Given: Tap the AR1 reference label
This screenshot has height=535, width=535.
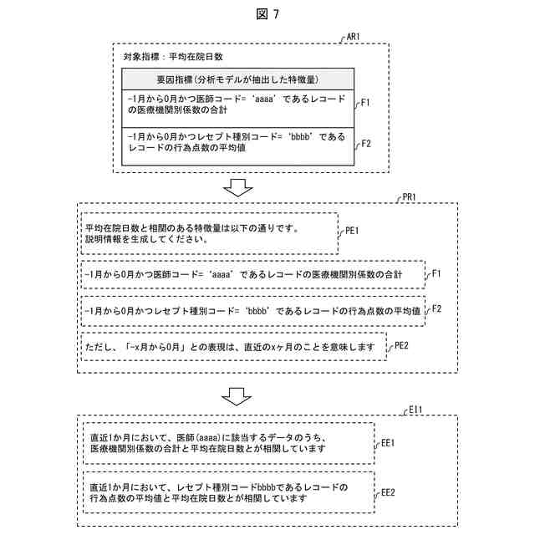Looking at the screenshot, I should point(352,38).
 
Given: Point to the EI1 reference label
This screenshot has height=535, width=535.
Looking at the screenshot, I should point(415,410).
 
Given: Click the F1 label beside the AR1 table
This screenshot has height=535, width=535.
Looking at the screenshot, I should point(365,103).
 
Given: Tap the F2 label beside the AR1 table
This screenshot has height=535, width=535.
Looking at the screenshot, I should point(365,143).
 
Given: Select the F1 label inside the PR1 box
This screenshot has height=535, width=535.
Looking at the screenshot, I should point(436,273).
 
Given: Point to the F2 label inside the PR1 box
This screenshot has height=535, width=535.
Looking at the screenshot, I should point(436,309).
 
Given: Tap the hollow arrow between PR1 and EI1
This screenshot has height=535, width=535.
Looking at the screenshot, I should point(240,395).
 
